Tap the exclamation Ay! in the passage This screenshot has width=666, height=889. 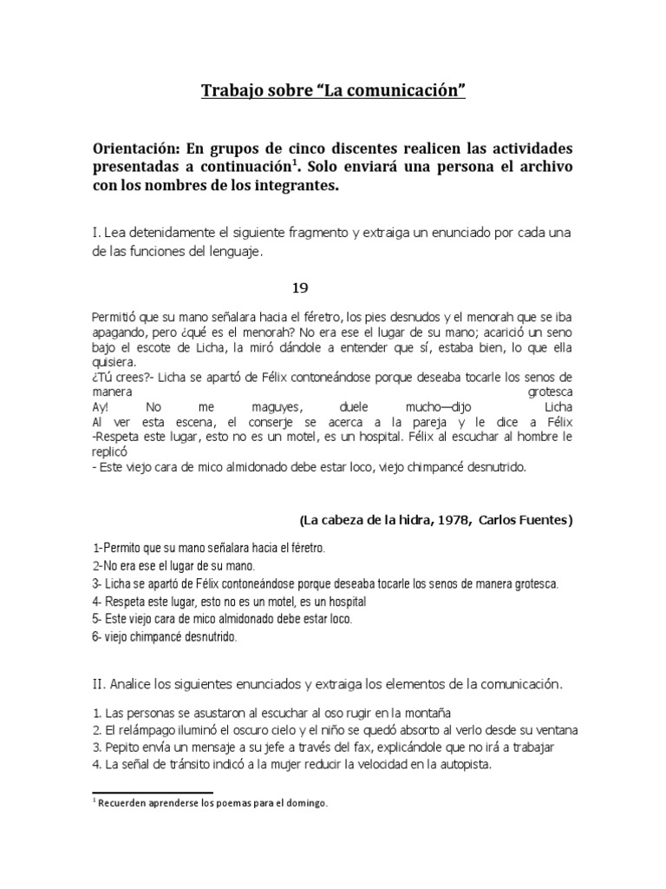click(x=101, y=406)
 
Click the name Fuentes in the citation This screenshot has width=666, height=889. click(x=545, y=519)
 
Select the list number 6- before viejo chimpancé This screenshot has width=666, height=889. click(x=97, y=636)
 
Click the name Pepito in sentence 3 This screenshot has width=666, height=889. click(x=121, y=746)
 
